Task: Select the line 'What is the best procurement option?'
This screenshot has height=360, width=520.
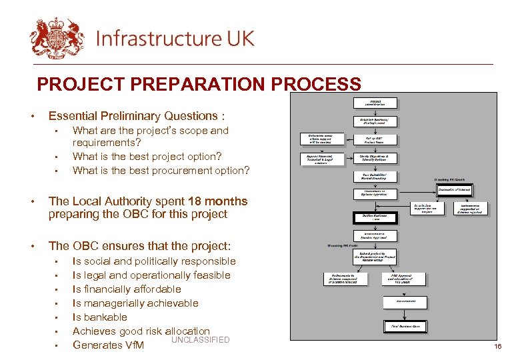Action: pos(161,170)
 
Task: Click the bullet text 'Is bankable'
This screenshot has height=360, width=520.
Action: pos(99,317)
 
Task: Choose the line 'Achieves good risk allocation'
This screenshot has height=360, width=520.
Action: pos(141,331)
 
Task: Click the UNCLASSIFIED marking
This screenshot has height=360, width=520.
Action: pos(200,340)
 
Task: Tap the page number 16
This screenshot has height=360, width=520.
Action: pos(497,347)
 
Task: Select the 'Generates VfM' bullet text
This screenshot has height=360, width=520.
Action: pos(108,345)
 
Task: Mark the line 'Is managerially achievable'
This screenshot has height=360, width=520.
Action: pos(135,303)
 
